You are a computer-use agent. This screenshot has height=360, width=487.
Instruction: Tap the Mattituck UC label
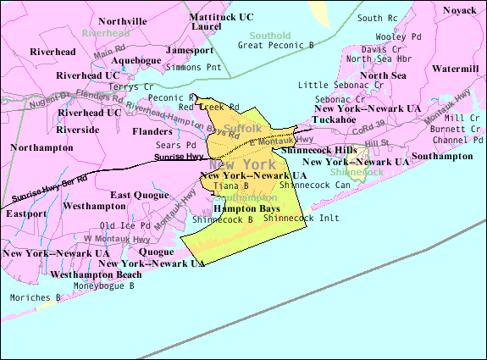(221, 16)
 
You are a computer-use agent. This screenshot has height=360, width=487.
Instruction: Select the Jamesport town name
(190, 51)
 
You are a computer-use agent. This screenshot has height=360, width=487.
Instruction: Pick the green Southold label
(269, 36)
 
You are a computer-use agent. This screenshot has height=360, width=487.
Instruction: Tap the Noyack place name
(459, 10)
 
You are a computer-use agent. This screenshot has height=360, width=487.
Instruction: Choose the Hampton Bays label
(246, 208)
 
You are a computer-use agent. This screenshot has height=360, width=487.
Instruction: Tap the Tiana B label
(230, 186)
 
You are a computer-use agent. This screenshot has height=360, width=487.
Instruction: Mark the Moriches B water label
(35, 297)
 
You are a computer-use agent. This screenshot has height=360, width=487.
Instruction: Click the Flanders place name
(152, 131)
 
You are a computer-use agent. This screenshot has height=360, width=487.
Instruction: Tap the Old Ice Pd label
(125, 225)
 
